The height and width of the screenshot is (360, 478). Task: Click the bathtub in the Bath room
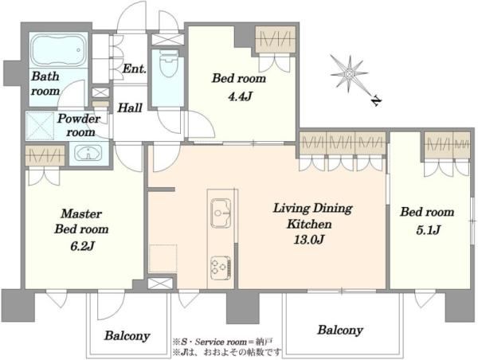coord(59,50)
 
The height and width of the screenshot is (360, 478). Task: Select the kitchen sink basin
coord(221,213)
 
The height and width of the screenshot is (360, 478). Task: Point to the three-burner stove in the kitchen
coord(221,267)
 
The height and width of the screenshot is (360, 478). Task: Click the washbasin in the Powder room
coord(88,152)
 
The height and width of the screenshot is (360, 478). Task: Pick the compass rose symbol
coord(350,74)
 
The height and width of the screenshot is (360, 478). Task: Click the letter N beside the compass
coord(377,101)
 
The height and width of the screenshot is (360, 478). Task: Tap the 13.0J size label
coord(308,240)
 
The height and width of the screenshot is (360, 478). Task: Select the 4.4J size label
coord(240,96)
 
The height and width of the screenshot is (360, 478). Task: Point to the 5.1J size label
coord(428,229)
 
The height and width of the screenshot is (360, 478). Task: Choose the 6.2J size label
coord(82,246)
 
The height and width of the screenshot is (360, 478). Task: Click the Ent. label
coord(134,68)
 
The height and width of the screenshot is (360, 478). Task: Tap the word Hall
coord(130,108)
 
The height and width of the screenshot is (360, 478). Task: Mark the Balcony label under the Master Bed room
coord(127,336)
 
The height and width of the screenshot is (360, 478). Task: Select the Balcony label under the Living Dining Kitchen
coord(340,330)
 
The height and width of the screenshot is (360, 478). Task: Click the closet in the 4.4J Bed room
coord(276,40)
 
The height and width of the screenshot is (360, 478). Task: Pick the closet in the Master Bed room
coord(45,156)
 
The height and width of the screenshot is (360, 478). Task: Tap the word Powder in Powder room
coord(79,118)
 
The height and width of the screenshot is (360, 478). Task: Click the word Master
coord(81,213)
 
